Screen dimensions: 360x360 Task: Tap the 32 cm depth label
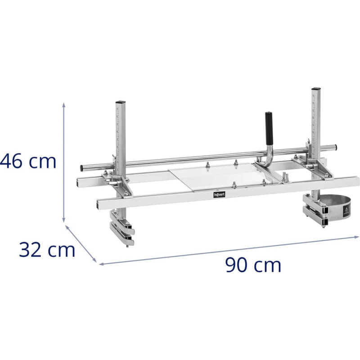click(x=46, y=250)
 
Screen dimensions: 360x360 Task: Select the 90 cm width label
click(x=253, y=265)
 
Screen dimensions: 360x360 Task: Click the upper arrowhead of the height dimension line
click(x=64, y=104)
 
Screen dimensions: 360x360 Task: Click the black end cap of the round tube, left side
click(x=81, y=168)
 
